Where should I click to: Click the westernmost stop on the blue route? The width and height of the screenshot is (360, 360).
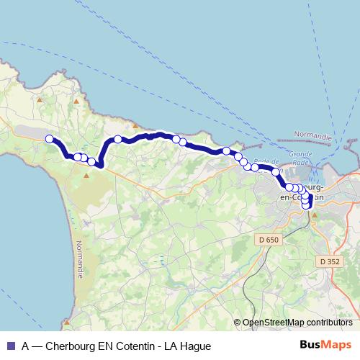(49, 139)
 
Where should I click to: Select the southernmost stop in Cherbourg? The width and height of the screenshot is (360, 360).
(306, 206)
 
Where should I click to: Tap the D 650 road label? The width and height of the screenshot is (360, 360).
(266, 238)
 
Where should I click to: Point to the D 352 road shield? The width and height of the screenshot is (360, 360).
(330, 261)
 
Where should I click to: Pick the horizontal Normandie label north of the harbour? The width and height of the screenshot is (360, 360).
(313, 136)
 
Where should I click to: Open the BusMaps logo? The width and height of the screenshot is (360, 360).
(325, 345)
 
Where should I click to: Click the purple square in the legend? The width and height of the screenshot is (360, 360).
(10, 346)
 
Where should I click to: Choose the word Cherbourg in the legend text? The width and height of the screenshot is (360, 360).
(71, 346)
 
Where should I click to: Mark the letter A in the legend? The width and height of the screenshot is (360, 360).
(26, 346)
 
